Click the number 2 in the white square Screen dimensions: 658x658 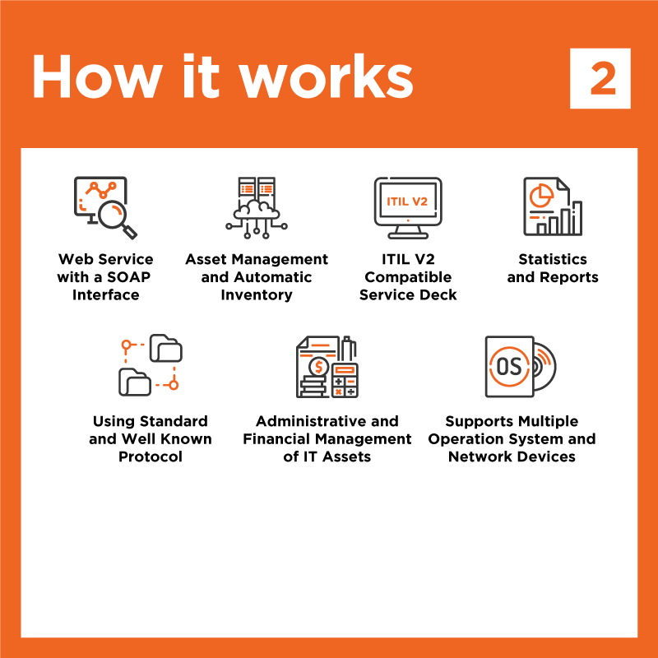tap(603, 78)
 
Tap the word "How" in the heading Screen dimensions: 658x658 tap(97, 76)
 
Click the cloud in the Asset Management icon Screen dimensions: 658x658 tap(257, 210)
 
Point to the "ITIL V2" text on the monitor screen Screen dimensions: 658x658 tap(407, 202)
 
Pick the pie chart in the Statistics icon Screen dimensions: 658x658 tap(541, 195)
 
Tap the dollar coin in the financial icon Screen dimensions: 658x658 tap(318, 367)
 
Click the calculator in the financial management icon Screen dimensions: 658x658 tap(345, 380)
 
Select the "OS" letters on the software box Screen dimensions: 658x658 tap(509, 366)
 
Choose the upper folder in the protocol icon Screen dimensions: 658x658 tap(166, 348)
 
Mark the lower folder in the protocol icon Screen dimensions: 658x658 tap(135, 382)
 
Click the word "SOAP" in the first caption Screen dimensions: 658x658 tap(129, 277)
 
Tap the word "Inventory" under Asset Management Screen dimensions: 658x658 tap(257, 295)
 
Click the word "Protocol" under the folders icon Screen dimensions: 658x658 tap(151, 456)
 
